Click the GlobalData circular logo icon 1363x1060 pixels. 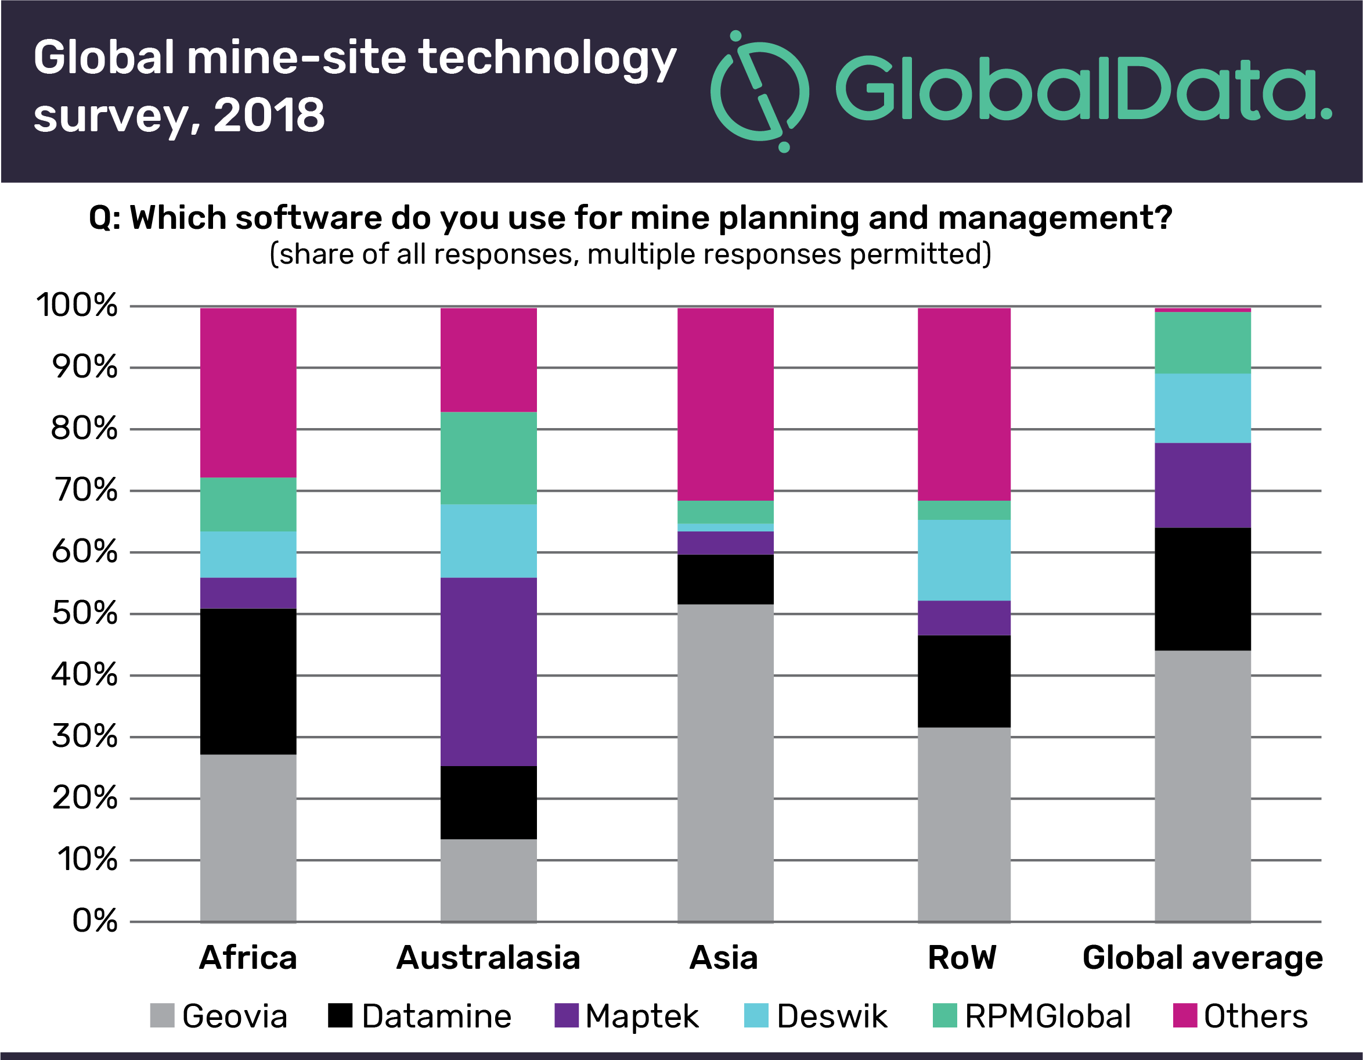pos(759,91)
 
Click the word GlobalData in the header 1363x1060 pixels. pos(1083,89)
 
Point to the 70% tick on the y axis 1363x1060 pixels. pos(85,491)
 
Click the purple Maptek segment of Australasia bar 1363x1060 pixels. pos(488,671)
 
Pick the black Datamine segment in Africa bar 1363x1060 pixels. pos(248,681)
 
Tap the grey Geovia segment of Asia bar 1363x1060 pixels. pos(725,763)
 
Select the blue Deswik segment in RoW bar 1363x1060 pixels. pos(964,560)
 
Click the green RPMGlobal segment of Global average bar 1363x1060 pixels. pos(1202,343)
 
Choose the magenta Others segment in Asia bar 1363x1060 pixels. pos(725,404)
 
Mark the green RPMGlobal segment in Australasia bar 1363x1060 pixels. pos(488,458)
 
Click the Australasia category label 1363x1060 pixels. pos(488,958)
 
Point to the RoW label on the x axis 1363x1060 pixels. pos(962,958)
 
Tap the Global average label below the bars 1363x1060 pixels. pos(1202,958)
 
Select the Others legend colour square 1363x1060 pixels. pos(1185,1015)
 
